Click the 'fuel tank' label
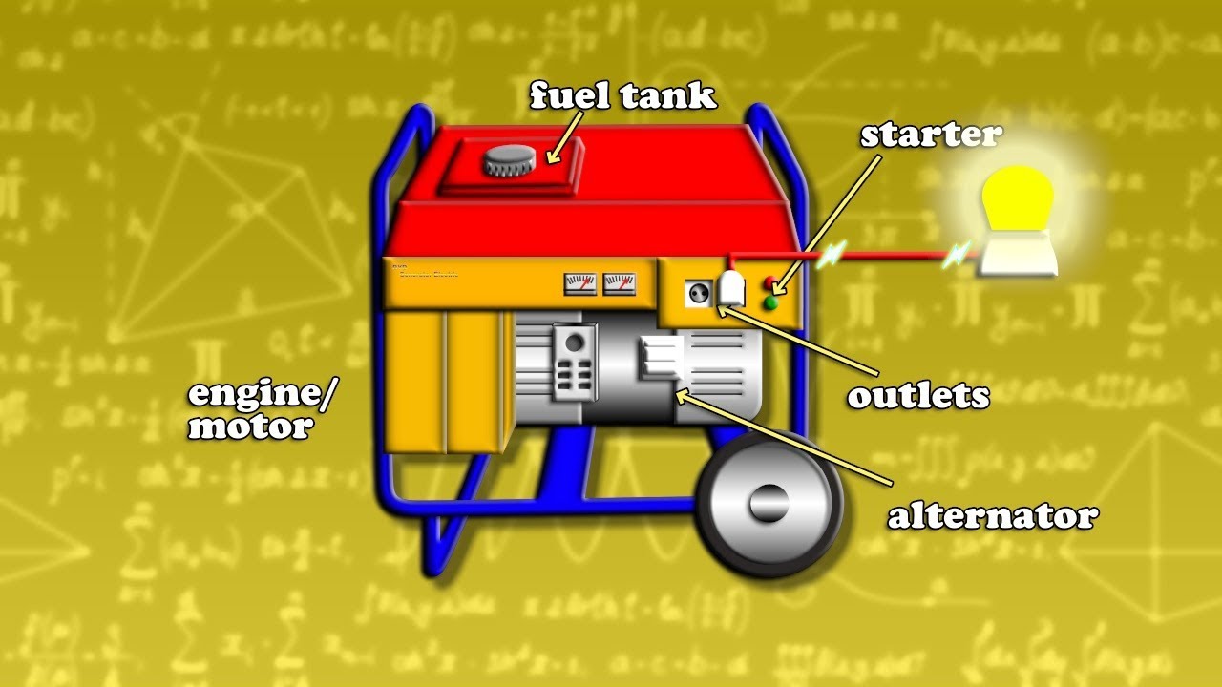(622, 95)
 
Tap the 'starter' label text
(930, 135)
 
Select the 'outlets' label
(917, 395)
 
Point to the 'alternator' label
(993, 516)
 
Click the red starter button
(769, 284)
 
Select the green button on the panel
(769, 303)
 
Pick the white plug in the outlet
(731, 290)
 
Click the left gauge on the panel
(580, 283)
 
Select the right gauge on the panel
(620, 283)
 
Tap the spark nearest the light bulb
(958, 255)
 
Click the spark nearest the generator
(832, 254)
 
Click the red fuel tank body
(592, 224)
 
